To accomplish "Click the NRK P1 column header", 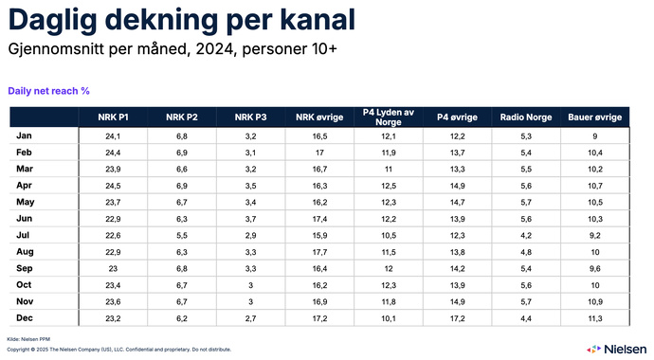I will click(114, 117).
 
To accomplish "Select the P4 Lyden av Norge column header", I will click(389, 117).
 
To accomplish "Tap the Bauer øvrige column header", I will click(594, 117).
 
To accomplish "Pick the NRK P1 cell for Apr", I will click(114, 186).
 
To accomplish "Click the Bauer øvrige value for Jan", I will click(594, 136).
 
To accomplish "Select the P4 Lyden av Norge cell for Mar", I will click(389, 170).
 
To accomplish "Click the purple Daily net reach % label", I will click(48, 91).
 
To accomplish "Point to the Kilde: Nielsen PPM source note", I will click(27, 338).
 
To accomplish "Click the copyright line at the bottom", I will click(118, 349).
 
